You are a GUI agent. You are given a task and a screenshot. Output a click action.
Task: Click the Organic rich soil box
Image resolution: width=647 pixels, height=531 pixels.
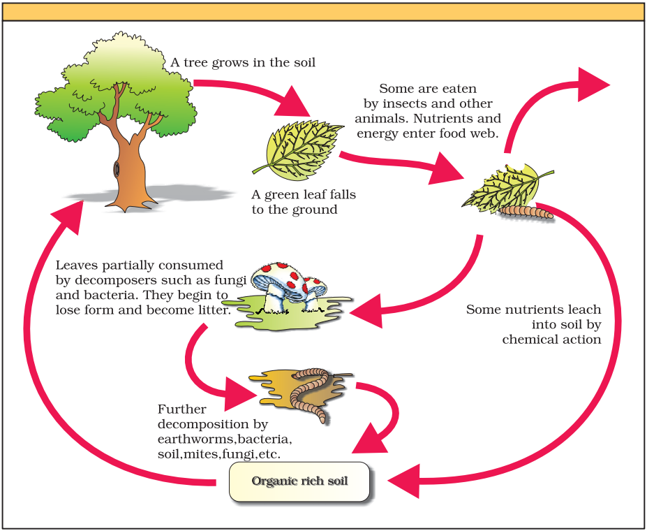[x=299, y=481]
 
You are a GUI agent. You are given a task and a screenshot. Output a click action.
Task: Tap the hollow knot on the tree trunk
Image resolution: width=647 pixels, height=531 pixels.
[x=117, y=168]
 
